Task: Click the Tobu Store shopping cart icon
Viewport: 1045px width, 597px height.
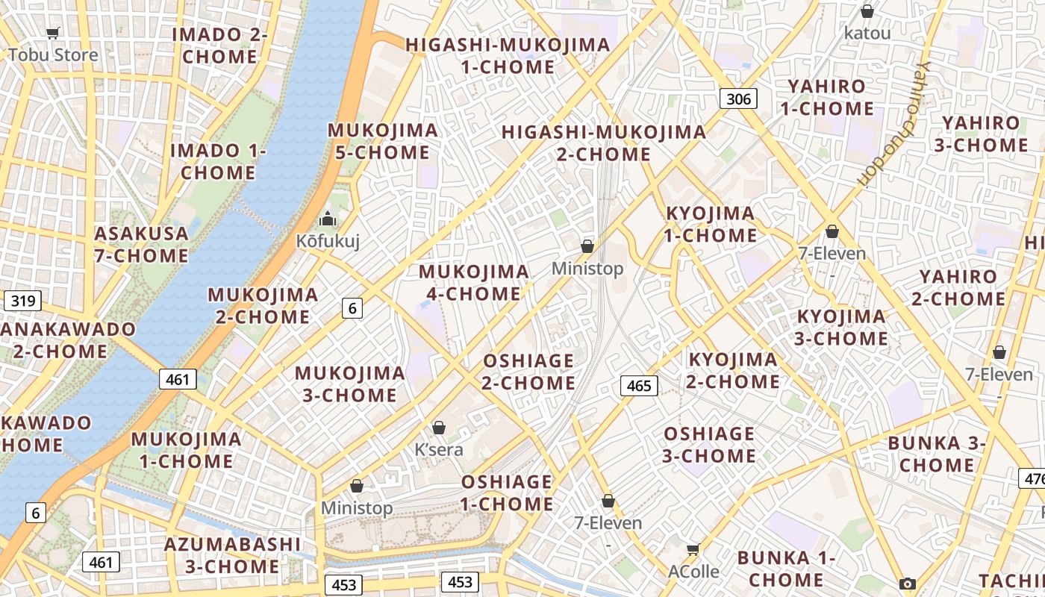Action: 52,33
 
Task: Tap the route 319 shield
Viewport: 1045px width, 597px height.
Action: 22,301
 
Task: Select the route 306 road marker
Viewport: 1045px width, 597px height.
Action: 738,99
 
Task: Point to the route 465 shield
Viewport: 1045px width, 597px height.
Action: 639,386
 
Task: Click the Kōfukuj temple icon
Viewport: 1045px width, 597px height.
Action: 328,219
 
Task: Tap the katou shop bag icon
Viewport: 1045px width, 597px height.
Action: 867,12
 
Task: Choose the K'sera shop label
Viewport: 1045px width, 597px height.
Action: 439,450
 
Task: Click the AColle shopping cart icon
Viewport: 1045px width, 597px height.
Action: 693,550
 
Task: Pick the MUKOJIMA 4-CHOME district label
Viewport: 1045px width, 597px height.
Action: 474,283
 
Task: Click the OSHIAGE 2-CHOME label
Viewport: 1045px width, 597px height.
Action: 528,372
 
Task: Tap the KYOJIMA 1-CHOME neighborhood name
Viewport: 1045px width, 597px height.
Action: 711,225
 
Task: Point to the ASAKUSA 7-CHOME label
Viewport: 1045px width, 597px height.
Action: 141,245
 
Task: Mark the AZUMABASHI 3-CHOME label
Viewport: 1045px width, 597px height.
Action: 222,555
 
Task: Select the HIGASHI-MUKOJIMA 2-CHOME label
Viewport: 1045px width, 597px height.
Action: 604,143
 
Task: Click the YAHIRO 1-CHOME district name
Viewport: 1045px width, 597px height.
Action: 826,98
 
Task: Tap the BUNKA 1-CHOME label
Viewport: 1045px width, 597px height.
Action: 786,569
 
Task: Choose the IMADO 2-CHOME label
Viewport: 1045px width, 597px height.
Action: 219,46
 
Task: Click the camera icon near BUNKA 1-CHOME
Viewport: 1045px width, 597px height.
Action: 908,584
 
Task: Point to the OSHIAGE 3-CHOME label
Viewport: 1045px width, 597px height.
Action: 709,445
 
